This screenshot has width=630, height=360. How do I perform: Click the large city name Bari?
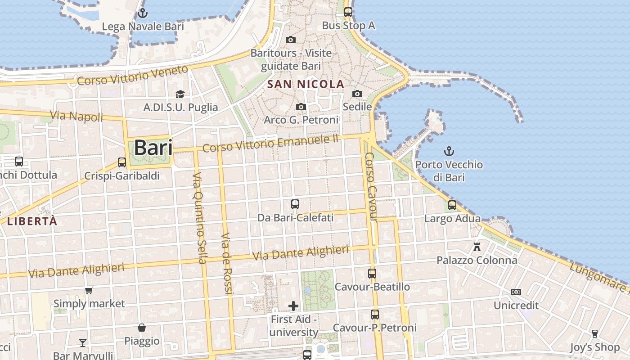tap(153, 148)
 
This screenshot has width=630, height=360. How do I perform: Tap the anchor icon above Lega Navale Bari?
tap(143, 13)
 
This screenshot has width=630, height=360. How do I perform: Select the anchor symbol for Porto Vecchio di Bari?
tap(449, 151)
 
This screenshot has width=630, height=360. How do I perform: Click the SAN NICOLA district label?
tap(306, 84)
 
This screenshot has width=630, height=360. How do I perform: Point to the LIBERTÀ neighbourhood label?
tap(32, 221)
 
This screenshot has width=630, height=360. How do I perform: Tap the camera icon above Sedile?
tap(357, 94)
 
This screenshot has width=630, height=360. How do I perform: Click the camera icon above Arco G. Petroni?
tap(301, 107)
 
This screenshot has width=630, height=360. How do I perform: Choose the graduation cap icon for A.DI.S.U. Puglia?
tap(180, 94)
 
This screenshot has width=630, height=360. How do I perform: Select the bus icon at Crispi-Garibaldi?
tap(122, 162)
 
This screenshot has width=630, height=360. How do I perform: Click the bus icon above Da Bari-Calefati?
tap(295, 204)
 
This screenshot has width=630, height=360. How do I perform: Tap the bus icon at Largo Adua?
tap(452, 205)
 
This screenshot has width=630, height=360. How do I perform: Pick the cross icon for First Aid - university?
tap(293, 306)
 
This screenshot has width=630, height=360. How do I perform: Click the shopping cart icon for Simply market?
tap(89, 291)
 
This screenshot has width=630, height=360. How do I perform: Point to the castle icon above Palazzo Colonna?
tap(477, 247)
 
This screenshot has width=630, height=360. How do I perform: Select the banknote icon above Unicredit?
tap(516, 292)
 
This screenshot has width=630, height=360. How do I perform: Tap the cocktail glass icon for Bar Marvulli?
tap(83, 343)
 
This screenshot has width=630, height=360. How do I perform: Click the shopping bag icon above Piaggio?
tap(142, 328)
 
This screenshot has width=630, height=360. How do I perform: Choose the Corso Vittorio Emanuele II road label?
tap(270, 144)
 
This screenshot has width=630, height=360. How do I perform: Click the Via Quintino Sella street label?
tap(199, 218)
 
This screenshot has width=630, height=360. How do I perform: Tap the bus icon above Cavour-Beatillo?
tap(372, 273)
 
